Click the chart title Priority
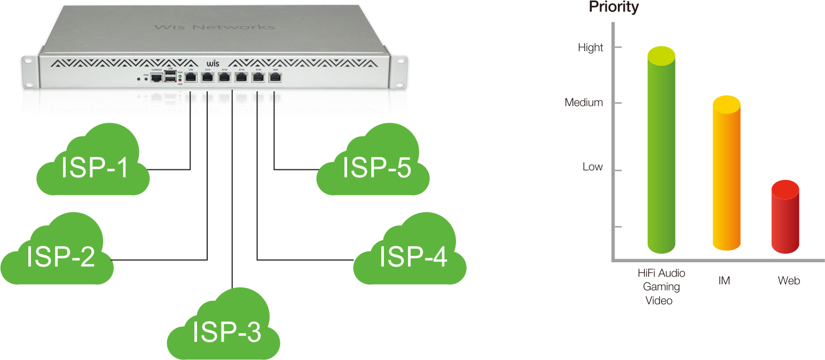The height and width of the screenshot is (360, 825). coord(614,7)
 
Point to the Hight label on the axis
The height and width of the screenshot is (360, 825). coord(591,48)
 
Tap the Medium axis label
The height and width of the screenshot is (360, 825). coord(584,103)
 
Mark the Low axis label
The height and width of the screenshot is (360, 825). coord(592,167)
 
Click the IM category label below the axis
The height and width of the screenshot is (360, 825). coord(724,281)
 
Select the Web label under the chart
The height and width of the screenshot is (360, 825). coord(789,281)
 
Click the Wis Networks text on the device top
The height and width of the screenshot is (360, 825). coord(214,27)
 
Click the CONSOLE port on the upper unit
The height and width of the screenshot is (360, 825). coord(156,78)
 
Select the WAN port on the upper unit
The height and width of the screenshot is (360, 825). coord(275,77)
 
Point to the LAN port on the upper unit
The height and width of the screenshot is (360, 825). coord(191,78)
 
